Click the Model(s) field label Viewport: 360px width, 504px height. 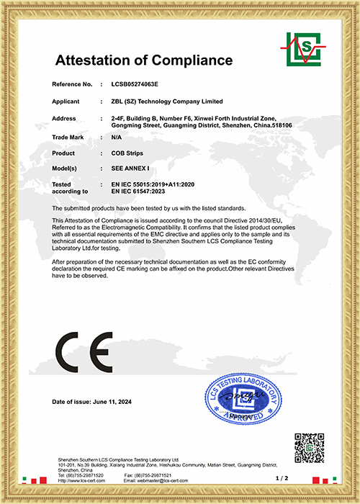(68, 169)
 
